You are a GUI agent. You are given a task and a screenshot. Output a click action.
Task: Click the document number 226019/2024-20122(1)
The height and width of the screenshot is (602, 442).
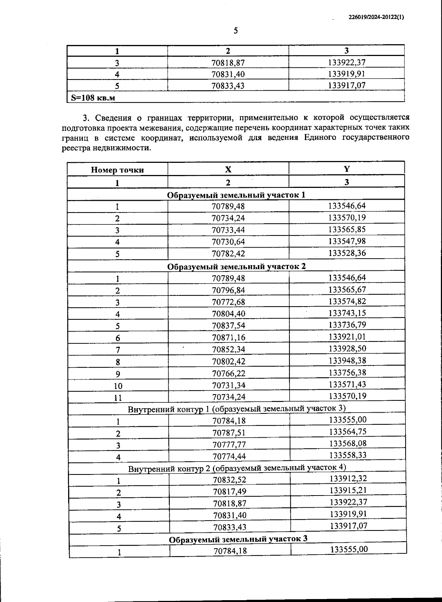pos(376,17)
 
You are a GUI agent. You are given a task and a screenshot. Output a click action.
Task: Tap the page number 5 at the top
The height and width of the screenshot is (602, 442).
pos(236,31)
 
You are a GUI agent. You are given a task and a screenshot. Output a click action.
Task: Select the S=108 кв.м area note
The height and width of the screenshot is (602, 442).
pos(93,98)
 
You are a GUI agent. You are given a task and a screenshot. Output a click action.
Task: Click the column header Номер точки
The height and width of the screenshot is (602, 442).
pos(117,170)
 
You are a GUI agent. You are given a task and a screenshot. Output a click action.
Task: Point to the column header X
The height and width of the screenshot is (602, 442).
pos(228,169)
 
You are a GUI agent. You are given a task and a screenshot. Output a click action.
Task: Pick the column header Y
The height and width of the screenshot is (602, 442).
pos(347,169)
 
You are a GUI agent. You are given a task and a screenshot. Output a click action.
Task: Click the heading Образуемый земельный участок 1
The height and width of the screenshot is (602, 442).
pos(236,195)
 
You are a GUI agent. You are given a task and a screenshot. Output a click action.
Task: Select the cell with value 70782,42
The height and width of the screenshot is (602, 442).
pos(228,253)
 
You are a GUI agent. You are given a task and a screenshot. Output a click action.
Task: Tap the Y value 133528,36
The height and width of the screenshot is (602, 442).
pos(347,253)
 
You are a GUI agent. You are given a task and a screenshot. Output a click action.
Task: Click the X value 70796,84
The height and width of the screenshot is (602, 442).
pos(228,290)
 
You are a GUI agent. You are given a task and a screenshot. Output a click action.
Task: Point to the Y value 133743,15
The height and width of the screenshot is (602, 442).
pos(347,313)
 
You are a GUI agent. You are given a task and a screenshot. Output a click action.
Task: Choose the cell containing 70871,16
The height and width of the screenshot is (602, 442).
pos(228,337)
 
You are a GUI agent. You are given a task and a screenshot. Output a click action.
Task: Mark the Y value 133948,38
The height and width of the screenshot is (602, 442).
pos(348,360)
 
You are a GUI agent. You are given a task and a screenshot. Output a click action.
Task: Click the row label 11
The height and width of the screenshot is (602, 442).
pos(118,398)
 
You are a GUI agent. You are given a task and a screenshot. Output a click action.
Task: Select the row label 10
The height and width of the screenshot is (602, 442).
pos(118,386)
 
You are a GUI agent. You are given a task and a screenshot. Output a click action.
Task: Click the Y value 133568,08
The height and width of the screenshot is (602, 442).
pos(348,443)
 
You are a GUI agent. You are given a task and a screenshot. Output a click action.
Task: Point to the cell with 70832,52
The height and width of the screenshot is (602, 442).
pos(229,480)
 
